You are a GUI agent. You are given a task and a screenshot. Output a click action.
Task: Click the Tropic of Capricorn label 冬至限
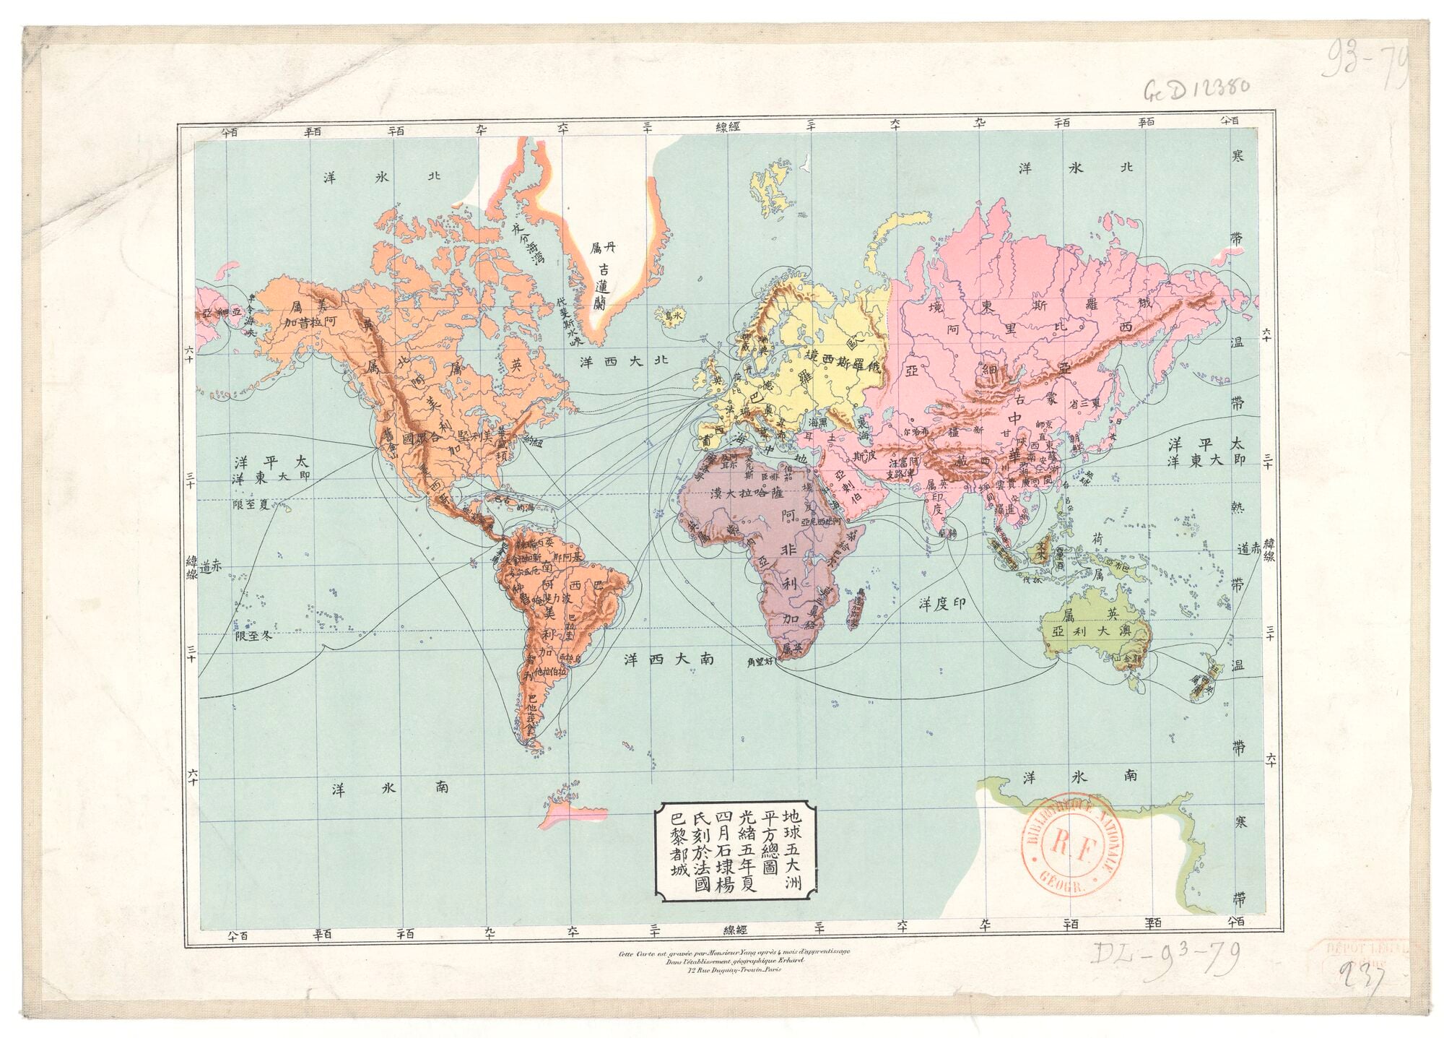coord(256,636)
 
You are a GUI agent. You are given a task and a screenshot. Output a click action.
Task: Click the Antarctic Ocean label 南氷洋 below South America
coord(389,789)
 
